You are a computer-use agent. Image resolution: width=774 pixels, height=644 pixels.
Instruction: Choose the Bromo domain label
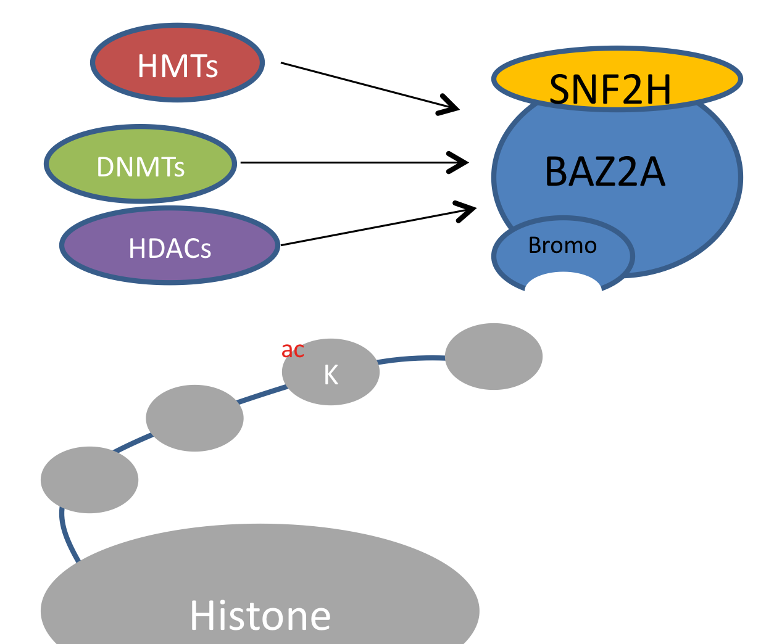(x=562, y=246)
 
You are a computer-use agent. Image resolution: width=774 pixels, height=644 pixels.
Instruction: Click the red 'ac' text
(x=293, y=350)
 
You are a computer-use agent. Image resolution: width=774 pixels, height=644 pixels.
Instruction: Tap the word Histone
(x=260, y=616)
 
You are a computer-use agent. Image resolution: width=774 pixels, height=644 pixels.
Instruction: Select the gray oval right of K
(x=494, y=357)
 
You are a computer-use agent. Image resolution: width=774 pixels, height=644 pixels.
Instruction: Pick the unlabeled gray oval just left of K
(x=194, y=418)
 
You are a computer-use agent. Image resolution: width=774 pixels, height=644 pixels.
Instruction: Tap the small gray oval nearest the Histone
(x=89, y=480)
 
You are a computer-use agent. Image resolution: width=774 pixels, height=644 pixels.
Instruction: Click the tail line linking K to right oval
(x=412, y=358)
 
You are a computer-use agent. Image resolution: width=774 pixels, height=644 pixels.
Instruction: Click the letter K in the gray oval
(x=331, y=374)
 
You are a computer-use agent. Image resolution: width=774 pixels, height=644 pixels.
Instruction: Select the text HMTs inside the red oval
(x=178, y=66)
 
